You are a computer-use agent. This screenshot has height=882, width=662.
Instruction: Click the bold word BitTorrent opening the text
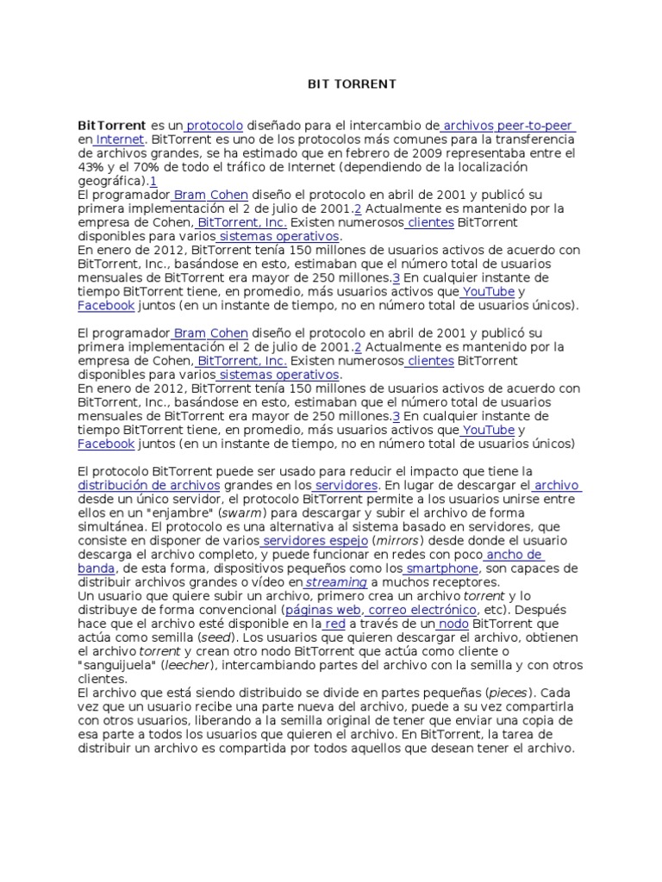pyautogui.click(x=112, y=126)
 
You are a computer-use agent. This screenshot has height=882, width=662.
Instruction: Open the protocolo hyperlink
pyautogui.click(x=215, y=126)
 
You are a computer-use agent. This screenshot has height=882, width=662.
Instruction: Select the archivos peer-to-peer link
pyautogui.click(x=508, y=126)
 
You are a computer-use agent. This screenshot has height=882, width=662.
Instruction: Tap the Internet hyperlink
pyautogui.click(x=121, y=140)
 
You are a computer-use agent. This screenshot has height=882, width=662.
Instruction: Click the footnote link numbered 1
pyautogui.click(x=153, y=181)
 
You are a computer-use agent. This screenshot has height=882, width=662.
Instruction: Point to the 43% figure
pyautogui.click(x=91, y=167)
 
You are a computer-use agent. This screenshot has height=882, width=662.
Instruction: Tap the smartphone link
pyautogui.click(x=441, y=568)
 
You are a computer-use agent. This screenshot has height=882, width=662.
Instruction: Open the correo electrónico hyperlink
pyautogui.click(x=422, y=610)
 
